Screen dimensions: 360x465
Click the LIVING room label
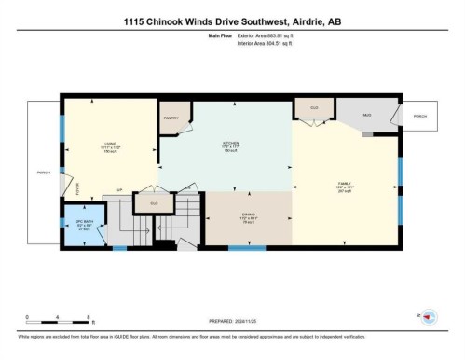(x=109, y=143)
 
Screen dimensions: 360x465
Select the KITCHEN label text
(x=231, y=143)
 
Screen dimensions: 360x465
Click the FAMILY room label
(x=343, y=185)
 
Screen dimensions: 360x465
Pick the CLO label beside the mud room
(x=314, y=108)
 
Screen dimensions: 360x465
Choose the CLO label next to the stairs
(x=154, y=202)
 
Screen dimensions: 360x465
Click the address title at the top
(x=232, y=23)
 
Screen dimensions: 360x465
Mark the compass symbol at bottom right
(x=429, y=317)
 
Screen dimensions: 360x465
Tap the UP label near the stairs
(x=119, y=191)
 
